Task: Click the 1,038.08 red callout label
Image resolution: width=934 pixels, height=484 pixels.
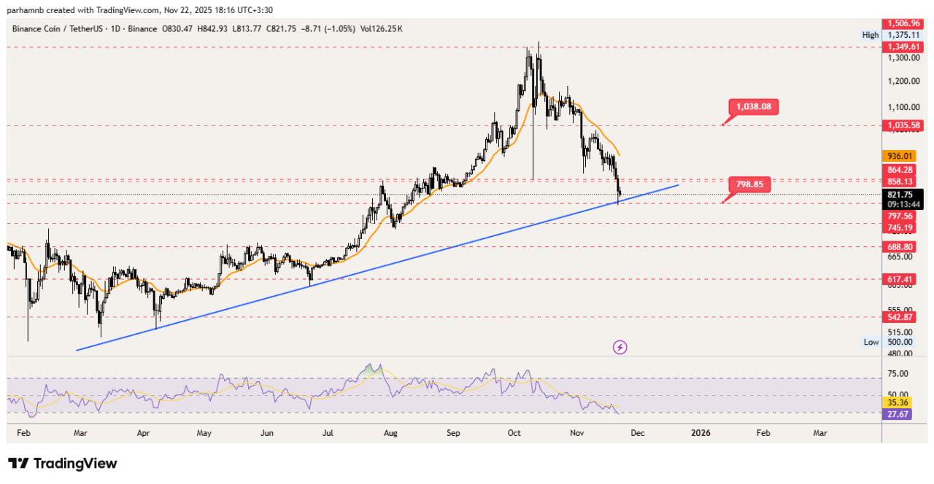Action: (754, 107)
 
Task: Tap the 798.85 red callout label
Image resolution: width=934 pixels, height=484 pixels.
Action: (749, 184)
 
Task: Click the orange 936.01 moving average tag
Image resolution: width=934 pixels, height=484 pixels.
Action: (897, 156)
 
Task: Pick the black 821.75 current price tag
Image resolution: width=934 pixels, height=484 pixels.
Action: (897, 195)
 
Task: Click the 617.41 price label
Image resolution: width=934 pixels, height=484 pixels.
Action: (897, 279)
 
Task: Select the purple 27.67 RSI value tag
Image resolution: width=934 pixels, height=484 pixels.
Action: (897, 414)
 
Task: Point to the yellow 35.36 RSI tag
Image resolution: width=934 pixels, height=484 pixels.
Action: (897, 402)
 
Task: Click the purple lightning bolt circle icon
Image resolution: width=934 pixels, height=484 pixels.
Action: (620, 347)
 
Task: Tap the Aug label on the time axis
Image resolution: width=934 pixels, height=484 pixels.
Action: (390, 433)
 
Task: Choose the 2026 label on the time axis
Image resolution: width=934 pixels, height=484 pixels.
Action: (700, 433)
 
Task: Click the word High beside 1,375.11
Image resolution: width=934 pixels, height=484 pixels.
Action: (870, 35)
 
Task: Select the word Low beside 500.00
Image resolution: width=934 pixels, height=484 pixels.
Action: (871, 342)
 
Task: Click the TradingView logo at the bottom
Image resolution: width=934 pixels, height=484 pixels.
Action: (62, 464)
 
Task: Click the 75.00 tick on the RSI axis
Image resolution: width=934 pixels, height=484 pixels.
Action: (898, 374)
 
